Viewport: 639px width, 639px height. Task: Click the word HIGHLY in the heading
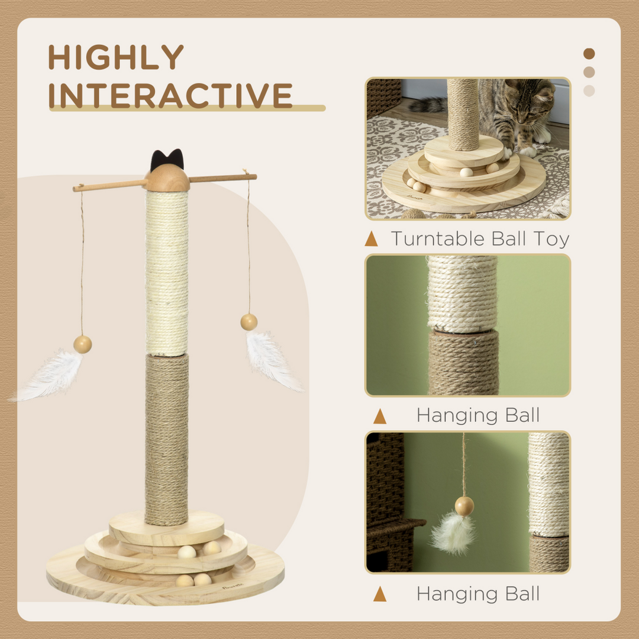(x=116, y=57)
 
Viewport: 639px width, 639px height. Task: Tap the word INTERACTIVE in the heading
(x=170, y=95)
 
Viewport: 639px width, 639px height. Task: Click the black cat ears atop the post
(x=167, y=160)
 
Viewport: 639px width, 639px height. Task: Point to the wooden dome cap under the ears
(x=167, y=179)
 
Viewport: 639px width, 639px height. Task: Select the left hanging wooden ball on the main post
(x=82, y=344)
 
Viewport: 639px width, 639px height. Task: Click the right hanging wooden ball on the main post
(x=249, y=322)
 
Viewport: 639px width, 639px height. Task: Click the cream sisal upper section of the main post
(x=167, y=272)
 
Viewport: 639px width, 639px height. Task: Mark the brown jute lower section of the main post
(x=167, y=438)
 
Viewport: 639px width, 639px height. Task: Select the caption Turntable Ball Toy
(x=479, y=239)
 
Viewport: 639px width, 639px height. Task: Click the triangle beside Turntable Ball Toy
(x=372, y=239)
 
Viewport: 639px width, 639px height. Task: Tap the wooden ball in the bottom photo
(x=464, y=505)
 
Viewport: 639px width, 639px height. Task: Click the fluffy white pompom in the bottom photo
(x=453, y=532)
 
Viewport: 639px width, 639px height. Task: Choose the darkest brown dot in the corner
(x=589, y=54)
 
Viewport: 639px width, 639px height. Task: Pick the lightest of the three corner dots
(x=589, y=91)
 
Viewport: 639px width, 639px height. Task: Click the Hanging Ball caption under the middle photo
(x=478, y=415)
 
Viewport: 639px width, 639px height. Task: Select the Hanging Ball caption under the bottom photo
(x=478, y=593)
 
